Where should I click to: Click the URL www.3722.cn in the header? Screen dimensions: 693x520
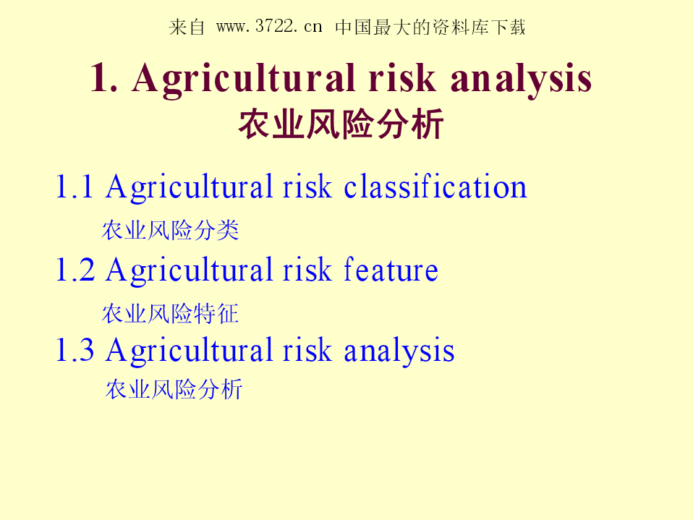[269, 27]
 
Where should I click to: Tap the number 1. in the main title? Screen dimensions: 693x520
[104, 78]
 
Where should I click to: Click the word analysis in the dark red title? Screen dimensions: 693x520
[522, 80]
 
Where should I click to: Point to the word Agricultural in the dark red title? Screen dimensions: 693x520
[244, 80]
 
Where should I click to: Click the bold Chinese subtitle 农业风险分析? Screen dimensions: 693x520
[341, 124]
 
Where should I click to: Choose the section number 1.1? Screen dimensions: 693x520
[75, 187]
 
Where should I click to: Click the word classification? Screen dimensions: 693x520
[435, 186]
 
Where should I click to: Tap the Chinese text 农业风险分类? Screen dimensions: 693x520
[170, 230]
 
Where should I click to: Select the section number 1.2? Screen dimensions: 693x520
[75, 270]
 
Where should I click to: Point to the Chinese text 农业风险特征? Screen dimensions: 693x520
[170, 314]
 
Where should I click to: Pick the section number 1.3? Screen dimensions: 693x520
[75, 349]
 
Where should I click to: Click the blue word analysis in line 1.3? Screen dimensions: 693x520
[399, 351]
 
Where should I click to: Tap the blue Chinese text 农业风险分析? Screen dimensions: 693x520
[174, 389]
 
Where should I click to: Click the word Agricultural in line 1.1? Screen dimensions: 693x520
[189, 188]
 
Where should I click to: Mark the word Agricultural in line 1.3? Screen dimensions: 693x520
[189, 351]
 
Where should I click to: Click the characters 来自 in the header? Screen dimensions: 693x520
[187, 27]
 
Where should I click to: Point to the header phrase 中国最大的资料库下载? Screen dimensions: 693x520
[430, 27]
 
